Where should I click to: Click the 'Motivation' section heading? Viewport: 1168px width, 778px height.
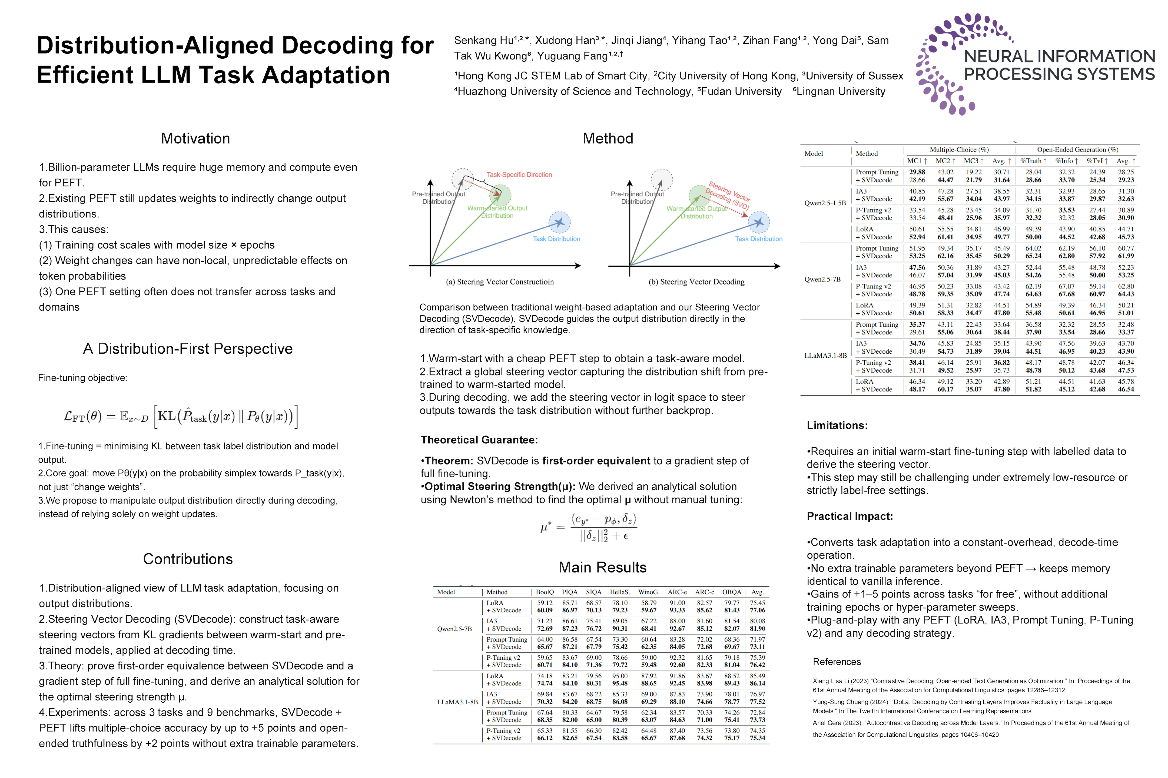click(x=195, y=138)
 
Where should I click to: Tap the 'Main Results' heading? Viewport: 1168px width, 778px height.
click(x=602, y=567)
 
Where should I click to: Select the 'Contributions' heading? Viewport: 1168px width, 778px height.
click(x=188, y=559)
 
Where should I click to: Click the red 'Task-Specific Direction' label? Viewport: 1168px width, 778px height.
click(x=519, y=175)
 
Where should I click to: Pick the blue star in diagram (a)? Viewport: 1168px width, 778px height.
click(x=560, y=222)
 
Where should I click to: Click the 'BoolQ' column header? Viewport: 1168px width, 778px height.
click(x=545, y=592)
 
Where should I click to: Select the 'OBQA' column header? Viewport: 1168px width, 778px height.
click(x=732, y=592)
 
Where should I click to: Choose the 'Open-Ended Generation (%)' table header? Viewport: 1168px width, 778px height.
click(x=1077, y=149)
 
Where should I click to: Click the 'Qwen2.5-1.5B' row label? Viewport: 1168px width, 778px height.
click(x=825, y=203)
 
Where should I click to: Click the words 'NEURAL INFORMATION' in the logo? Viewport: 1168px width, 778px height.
click(x=1059, y=56)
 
